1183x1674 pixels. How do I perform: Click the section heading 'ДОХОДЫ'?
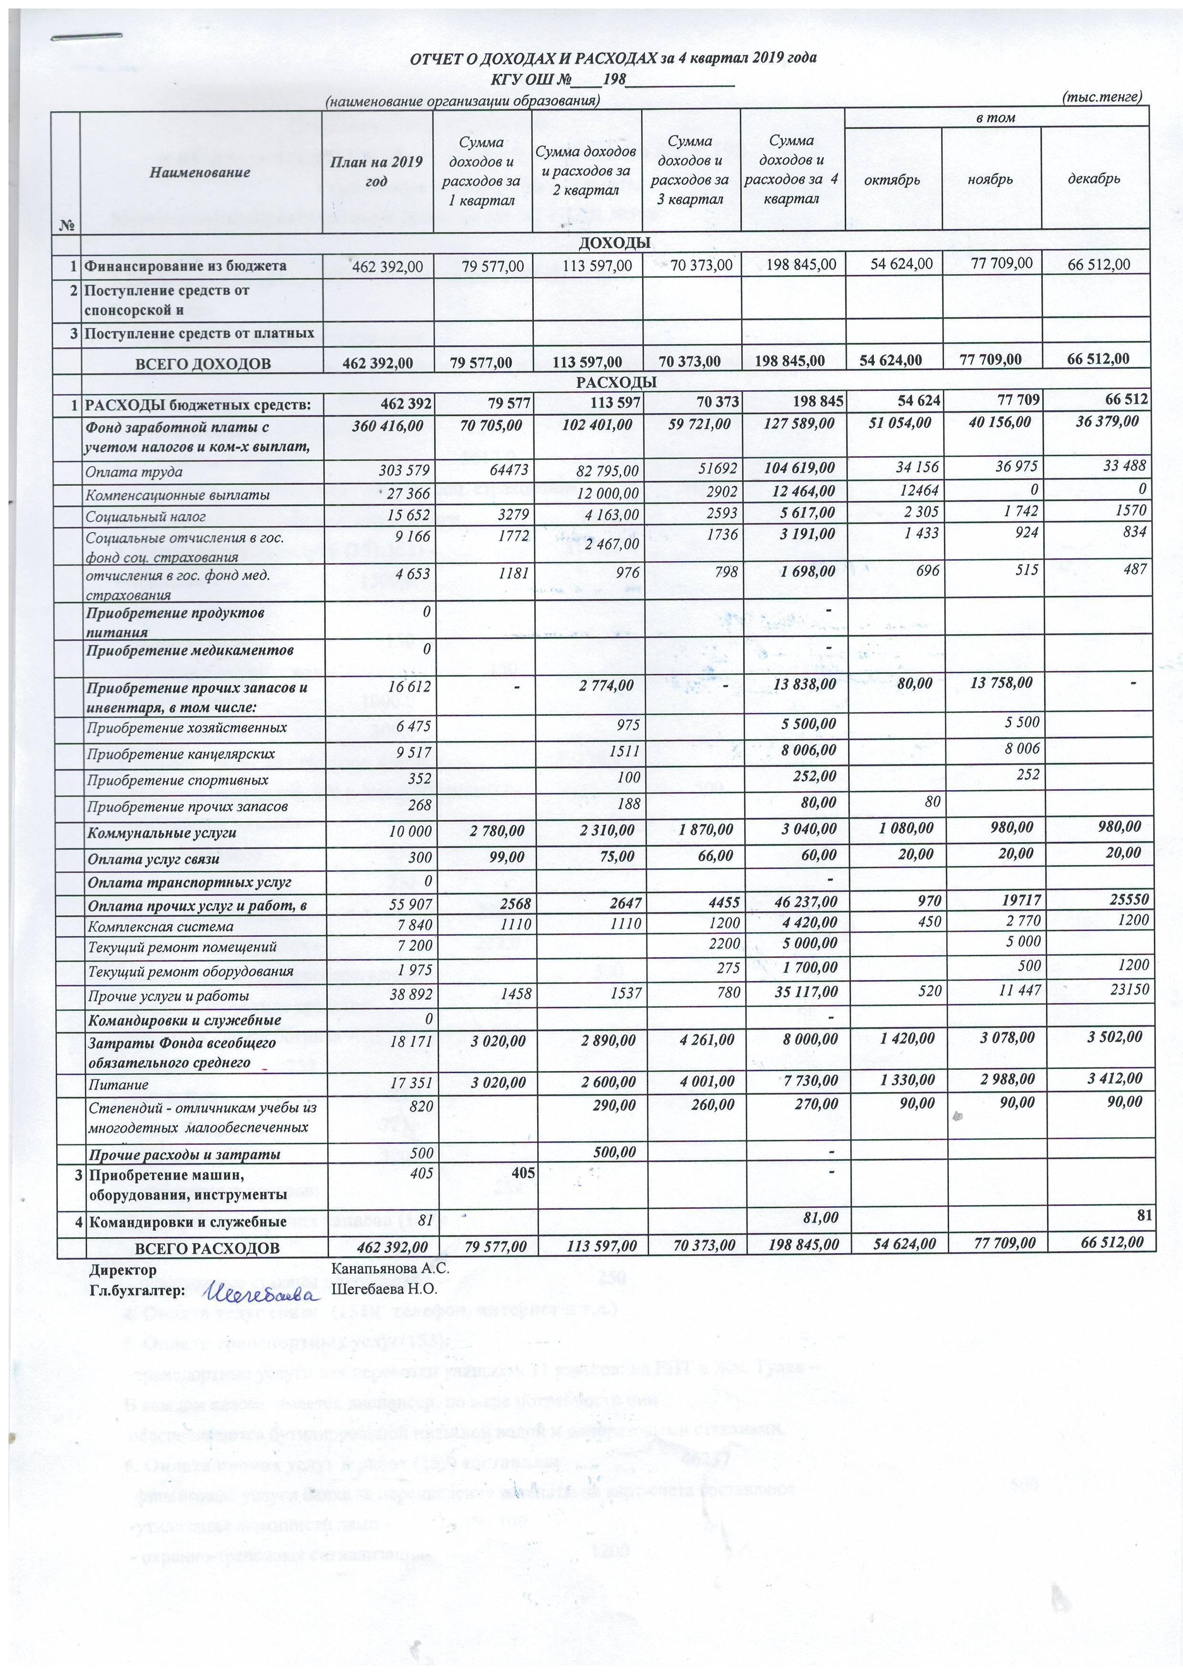point(614,243)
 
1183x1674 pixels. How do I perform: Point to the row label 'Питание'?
point(117,1084)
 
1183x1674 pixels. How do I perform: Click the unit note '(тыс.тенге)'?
point(1101,96)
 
